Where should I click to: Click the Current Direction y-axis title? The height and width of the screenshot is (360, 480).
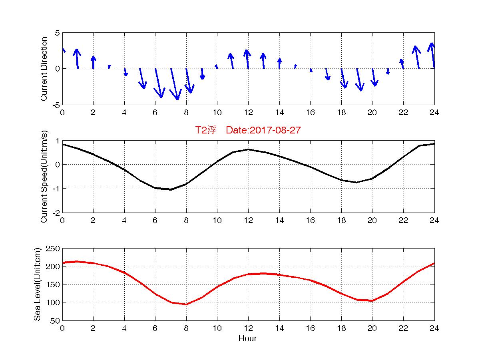[44, 69]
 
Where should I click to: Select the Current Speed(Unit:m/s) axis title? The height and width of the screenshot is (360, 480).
[44, 177]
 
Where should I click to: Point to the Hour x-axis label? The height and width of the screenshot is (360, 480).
[248, 339]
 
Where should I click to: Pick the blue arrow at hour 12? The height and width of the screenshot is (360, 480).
[247, 59]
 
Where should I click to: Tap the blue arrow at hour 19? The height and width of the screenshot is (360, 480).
[359, 80]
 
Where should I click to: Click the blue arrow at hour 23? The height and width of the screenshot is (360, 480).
[417, 57]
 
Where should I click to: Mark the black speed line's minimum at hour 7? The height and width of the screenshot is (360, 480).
[171, 189]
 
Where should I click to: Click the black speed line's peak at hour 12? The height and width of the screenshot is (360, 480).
[248, 149]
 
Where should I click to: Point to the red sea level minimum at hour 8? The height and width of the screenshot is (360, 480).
[186, 304]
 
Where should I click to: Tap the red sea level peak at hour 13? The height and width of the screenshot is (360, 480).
[264, 273]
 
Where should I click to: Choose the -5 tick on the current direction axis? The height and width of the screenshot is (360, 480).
[56, 105]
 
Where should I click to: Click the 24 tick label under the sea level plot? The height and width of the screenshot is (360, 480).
[434, 328]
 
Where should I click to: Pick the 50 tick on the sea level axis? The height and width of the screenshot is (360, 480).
[56, 320]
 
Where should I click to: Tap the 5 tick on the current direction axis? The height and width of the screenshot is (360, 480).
[58, 33]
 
